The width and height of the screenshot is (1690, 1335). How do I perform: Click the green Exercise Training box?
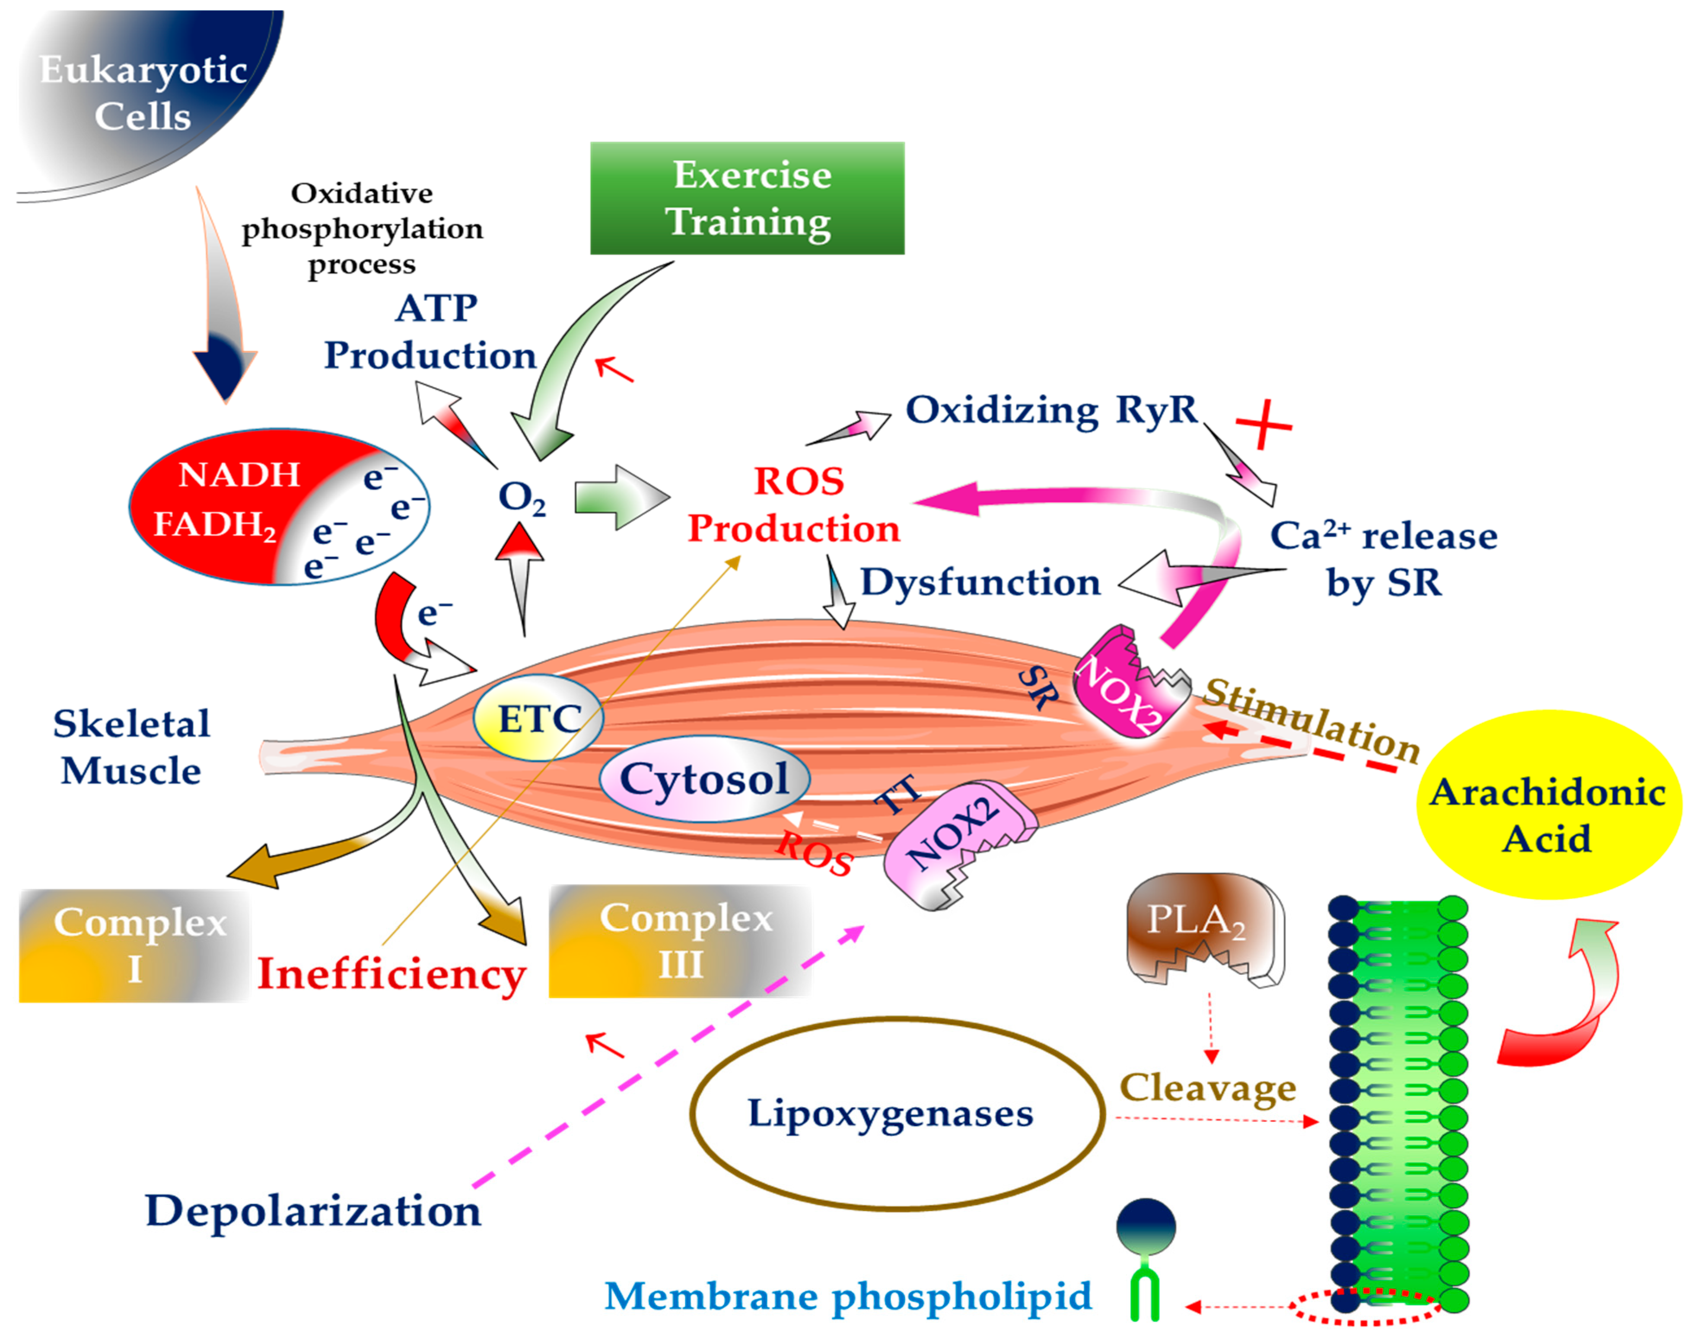[747, 198]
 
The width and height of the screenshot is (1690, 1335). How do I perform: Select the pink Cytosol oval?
[704, 779]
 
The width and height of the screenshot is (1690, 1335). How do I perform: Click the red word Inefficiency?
[391, 975]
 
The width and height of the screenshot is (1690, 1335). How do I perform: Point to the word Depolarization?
[312, 1211]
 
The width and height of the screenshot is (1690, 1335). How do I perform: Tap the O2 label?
[521, 497]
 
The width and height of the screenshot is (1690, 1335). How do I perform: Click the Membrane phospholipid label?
[848, 1296]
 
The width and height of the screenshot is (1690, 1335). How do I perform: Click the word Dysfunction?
[980, 582]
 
